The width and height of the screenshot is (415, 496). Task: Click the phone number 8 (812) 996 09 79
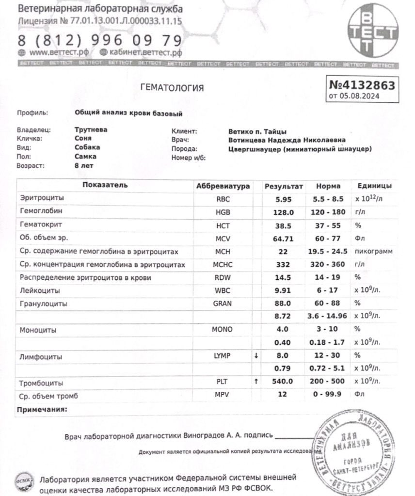(100, 40)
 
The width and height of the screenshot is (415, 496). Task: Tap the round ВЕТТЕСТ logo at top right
(372, 32)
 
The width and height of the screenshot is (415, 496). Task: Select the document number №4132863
(362, 85)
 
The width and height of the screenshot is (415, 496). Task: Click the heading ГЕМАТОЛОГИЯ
(172, 88)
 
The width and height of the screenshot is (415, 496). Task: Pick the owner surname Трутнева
(91, 129)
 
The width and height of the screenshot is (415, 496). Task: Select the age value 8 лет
(84, 165)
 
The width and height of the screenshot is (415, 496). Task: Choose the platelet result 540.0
(284, 382)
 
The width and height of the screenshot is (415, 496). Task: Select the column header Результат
(284, 186)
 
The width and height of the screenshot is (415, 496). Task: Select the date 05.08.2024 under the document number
(361, 96)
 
